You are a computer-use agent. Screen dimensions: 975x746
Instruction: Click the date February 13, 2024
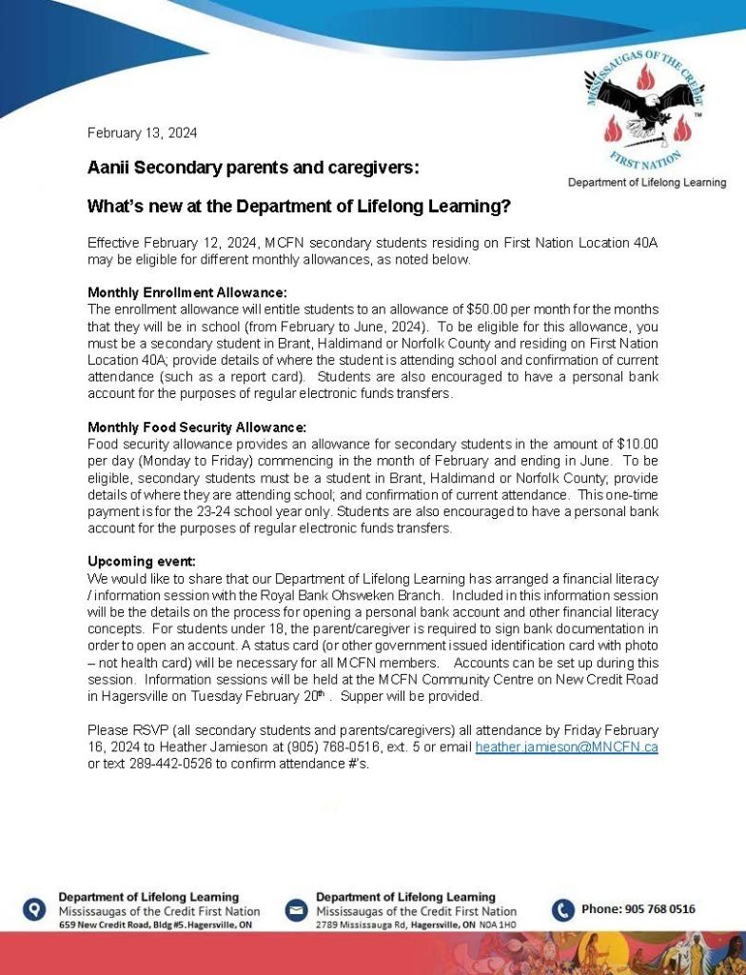[x=143, y=133]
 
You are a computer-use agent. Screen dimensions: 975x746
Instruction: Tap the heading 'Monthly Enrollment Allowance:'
[x=187, y=291]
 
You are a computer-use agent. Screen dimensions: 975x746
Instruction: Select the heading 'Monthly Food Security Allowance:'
[x=197, y=428]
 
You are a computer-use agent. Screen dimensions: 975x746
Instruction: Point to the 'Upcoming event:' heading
[x=141, y=562]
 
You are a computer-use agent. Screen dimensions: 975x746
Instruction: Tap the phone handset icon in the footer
[x=563, y=910]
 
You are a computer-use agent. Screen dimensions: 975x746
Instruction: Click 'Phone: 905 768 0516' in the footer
[x=638, y=909]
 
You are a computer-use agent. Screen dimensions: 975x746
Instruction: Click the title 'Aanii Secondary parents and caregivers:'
[x=253, y=168]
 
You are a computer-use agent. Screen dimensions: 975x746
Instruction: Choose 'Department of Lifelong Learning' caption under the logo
[x=647, y=182]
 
